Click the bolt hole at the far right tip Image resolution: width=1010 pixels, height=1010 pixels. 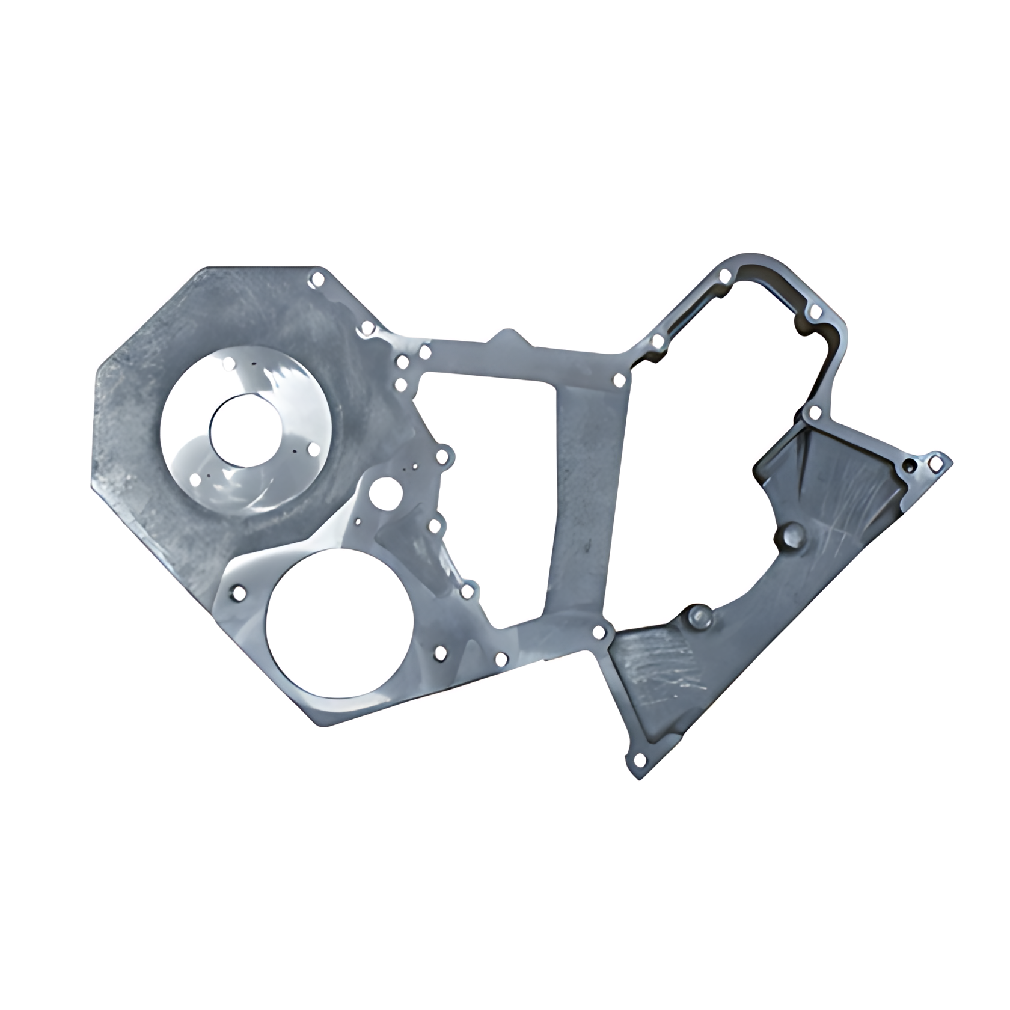pos(935,462)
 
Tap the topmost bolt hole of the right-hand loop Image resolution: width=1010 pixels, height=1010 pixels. pos(726,276)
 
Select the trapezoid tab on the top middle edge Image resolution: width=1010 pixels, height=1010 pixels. pos(509,338)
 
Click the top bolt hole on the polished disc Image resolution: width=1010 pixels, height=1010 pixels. pos(229,364)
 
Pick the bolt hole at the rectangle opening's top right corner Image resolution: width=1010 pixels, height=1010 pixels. pos(619,380)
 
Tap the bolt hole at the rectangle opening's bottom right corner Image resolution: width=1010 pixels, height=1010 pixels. pos(599,632)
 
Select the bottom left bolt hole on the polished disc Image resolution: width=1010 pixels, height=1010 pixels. pos(195,480)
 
